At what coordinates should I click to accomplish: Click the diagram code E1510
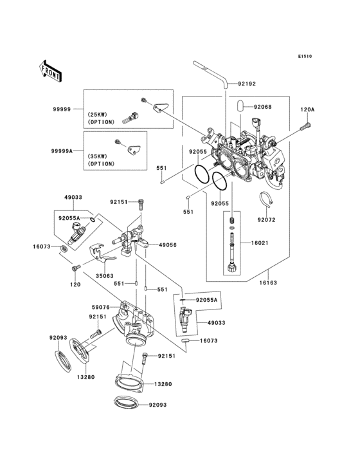305,56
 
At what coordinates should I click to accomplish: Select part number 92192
247,84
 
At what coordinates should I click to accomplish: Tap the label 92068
262,107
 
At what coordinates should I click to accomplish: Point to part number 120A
307,110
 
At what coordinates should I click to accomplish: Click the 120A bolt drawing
305,126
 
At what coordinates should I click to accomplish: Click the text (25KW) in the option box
98,115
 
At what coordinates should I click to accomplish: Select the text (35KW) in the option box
98,156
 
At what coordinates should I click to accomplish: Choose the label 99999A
62,151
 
